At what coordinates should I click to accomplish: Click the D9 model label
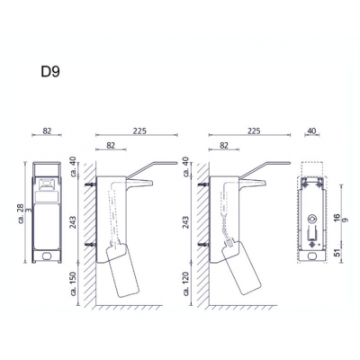click(50, 72)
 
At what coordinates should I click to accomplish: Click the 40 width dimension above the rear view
click(312, 130)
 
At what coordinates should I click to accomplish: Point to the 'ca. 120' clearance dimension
click(186, 283)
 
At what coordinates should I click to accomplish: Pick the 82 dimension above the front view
click(47, 130)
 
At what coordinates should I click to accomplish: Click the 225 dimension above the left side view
click(139, 130)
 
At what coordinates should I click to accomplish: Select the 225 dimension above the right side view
click(254, 130)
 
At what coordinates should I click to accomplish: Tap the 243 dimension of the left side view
click(73, 222)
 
